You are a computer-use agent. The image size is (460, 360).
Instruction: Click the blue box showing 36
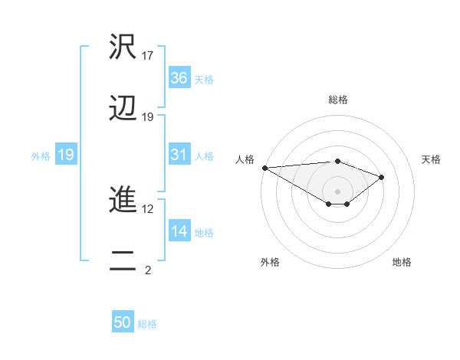click(179, 78)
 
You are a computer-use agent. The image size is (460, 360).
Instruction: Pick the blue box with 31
click(179, 155)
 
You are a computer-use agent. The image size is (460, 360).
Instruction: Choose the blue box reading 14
click(179, 231)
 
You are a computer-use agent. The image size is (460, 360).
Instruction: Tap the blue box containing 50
click(123, 322)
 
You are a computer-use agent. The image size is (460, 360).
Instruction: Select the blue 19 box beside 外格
click(65, 155)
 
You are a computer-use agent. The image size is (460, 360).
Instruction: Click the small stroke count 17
click(148, 56)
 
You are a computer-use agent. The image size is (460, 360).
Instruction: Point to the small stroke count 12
click(148, 208)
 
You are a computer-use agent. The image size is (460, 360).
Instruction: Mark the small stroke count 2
click(148, 270)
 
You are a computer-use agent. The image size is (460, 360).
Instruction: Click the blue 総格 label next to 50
click(147, 324)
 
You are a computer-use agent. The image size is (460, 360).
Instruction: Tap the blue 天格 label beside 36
click(204, 80)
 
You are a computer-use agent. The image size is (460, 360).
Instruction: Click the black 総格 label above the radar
click(338, 100)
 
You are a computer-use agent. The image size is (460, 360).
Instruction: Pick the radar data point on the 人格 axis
click(264, 168)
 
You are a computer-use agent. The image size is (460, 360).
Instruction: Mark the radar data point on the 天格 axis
click(382, 177)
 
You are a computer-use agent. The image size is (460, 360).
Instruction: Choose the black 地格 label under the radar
click(402, 262)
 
